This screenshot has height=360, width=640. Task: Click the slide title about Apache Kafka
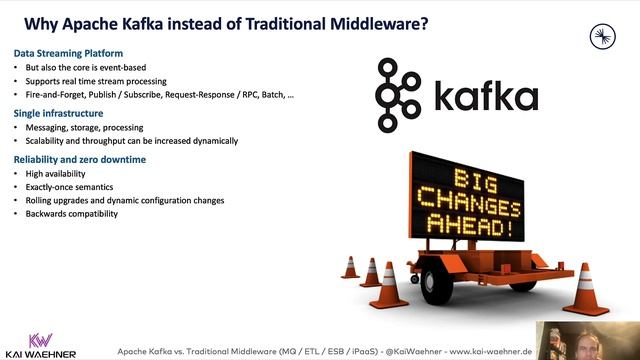click(225, 21)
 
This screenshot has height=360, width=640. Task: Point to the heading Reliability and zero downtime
click(80, 160)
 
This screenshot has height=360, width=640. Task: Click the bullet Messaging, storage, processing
click(84, 128)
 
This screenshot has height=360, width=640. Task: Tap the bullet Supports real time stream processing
click(96, 80)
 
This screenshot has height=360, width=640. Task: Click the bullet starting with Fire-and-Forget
click(160, 94)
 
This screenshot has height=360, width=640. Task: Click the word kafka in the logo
click(486, 96)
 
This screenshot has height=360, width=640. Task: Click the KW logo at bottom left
click(40, 339)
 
